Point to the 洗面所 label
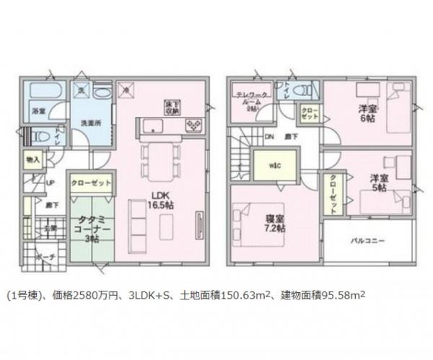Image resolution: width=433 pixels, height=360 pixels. click(89, 123)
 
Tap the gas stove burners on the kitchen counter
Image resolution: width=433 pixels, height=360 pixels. click(193, 126)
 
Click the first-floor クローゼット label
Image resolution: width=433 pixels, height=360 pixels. click(91, 183)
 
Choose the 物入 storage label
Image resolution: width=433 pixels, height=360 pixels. click(33, 158)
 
